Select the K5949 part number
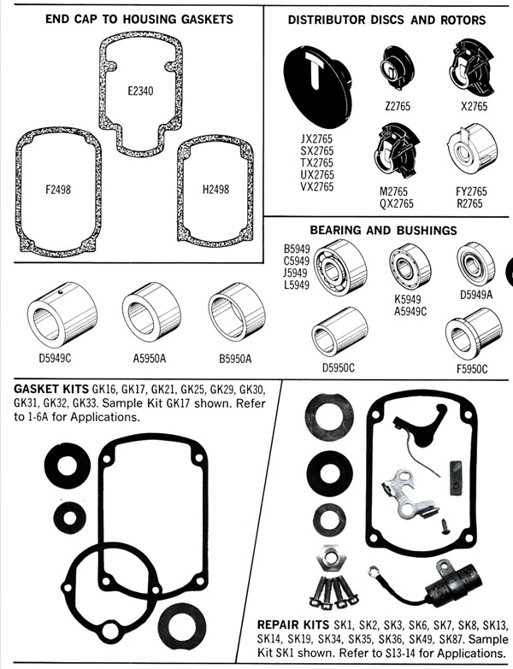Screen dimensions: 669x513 411,301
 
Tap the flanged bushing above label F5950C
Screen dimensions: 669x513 473,335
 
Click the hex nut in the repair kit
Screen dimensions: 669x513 327,559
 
